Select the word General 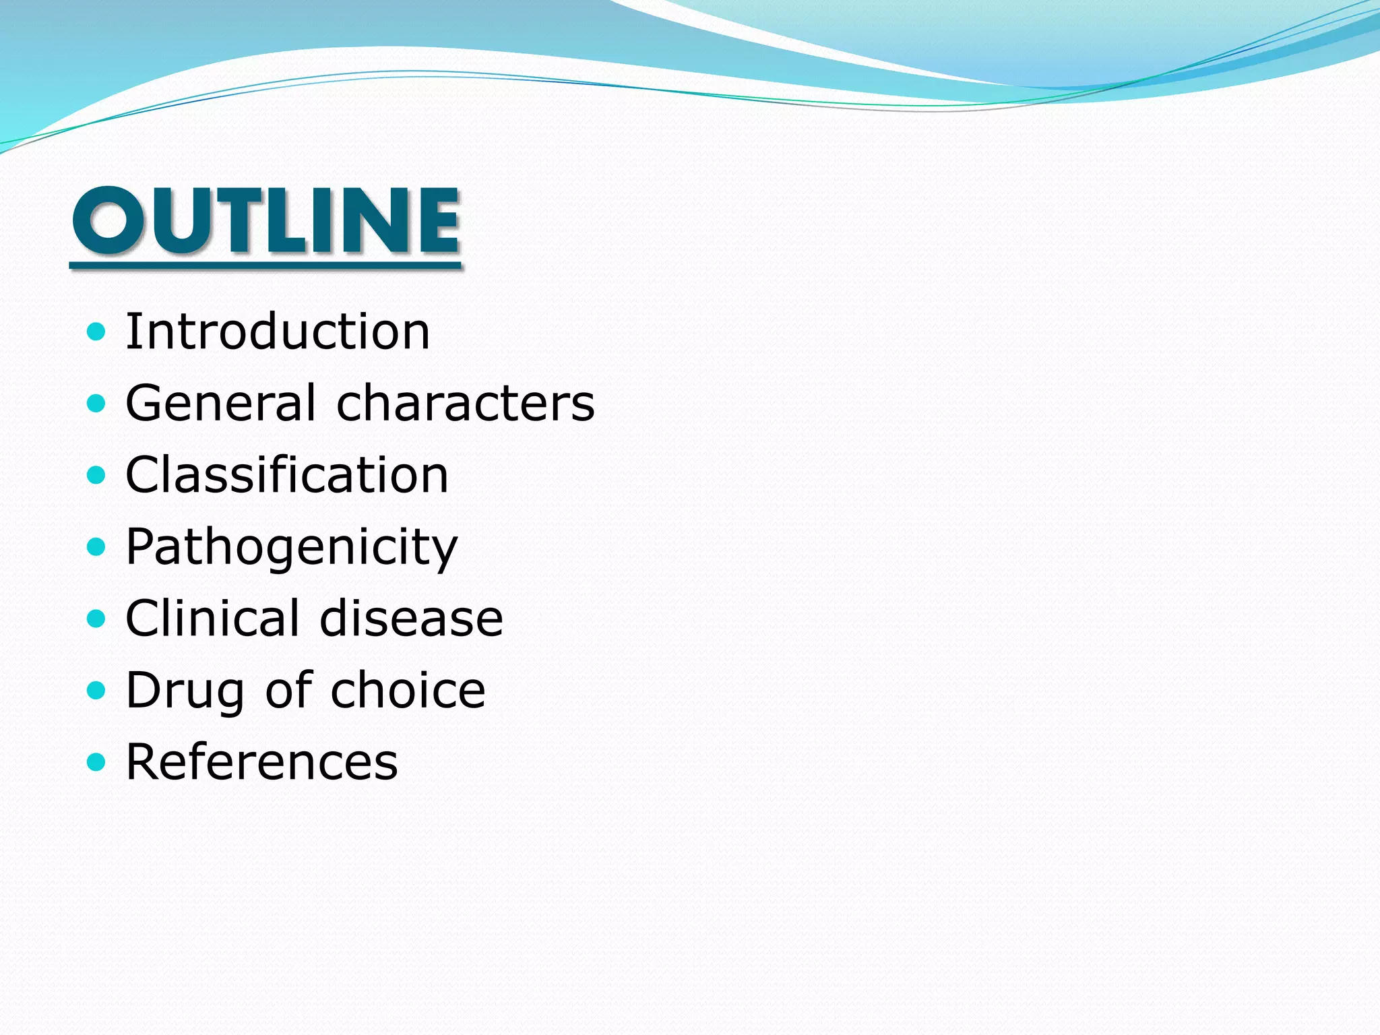point(220,403)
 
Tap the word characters point(465,403)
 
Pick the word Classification point(287,474)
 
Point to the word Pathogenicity point(291,547)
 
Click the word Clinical point(213,618)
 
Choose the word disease point(411,618)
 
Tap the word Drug point(185,691)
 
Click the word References point(261,762)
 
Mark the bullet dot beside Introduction point(97,332)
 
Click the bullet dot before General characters point(97,404)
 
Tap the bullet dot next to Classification point(97,475)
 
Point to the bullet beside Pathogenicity point(97,546)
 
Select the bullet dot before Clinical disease point(97,618)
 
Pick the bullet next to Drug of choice point(97,690)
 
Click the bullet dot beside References point(97,762)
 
